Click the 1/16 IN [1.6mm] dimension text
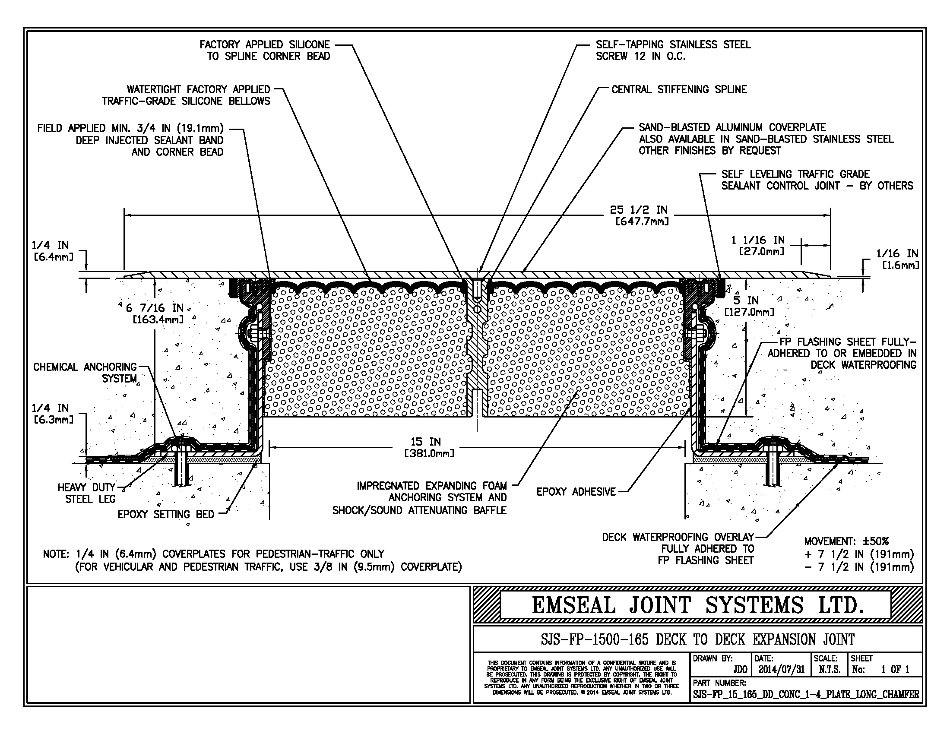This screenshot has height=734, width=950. coord(897,259)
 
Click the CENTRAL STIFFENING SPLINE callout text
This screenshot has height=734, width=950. coord(678,89)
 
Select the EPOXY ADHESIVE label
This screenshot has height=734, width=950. coord(576,492)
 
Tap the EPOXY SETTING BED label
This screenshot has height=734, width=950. coord(166,514)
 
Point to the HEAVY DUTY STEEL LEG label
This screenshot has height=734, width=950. coord(86,493)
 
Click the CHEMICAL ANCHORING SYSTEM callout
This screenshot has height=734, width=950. coord(85,373)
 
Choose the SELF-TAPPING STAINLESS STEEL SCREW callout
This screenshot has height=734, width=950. coord(673,50)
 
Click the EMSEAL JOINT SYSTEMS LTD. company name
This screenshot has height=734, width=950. coord(697,606)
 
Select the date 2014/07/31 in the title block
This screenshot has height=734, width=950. coord(782,670)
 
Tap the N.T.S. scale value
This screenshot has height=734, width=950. coord(829,670)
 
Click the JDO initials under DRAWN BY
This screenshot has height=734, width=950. coord(740,670)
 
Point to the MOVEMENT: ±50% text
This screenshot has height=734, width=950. coord(846,541)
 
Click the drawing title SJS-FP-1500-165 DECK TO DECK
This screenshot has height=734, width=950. coord(697,639)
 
